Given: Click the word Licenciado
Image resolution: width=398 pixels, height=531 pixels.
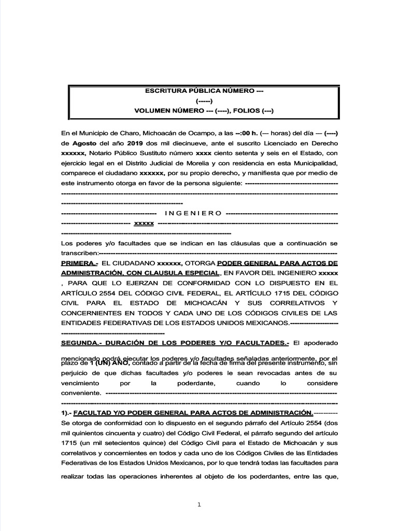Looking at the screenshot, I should (282, 143).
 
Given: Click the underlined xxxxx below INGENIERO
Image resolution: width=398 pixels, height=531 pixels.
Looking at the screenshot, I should (144, 223).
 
